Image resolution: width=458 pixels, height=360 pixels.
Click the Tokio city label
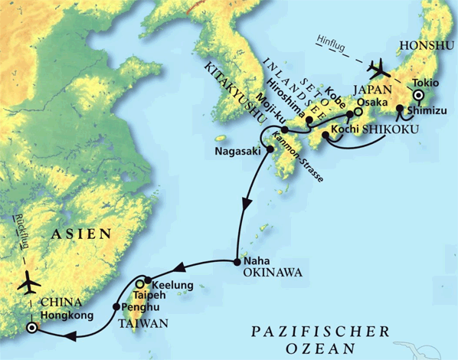pyautogui.click(x=426, y=83)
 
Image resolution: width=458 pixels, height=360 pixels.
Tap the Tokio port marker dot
pyautogui.click(x=419, y=96)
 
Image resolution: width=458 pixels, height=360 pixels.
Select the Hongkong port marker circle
pyautogui.click(x=31, y=327)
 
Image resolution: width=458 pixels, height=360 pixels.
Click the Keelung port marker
pyautogui.click(x=146, y=283)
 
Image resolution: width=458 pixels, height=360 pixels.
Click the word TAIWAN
pyautogui.click(x=143, y=323)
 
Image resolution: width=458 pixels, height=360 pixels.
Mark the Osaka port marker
pyautogui.click(x=358, y=112)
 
